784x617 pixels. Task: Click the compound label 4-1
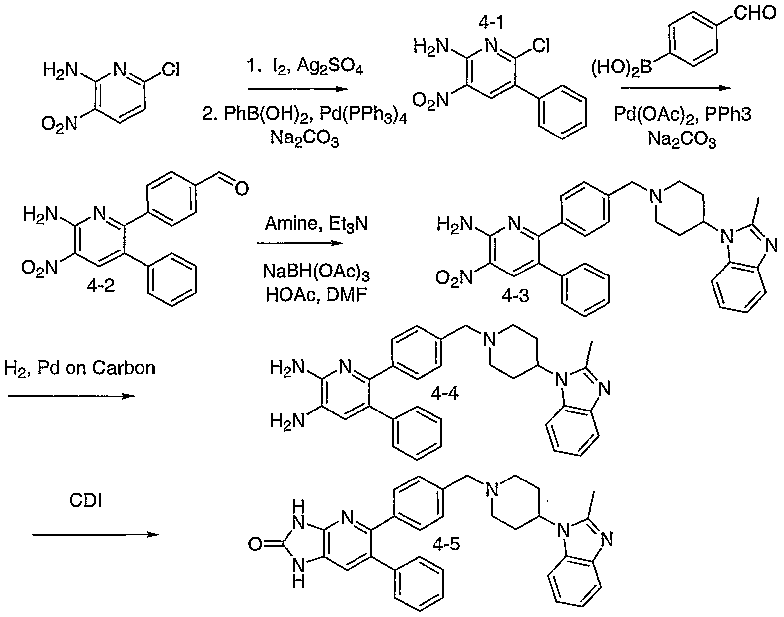point(491,22)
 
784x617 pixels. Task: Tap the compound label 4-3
point(515,296)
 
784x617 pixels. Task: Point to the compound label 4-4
point(444,393)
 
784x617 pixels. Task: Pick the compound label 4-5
point(446,545)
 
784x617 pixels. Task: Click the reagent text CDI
point(85,500)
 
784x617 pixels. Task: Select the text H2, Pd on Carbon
point(80,368)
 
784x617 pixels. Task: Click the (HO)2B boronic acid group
point(622,68)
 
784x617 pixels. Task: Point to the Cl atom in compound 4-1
point(541,46)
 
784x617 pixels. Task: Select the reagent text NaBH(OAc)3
point(316,272)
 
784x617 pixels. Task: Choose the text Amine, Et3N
point(316,224)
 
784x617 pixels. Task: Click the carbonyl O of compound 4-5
point(255,544)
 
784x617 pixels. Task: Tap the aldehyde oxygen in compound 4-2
point(241,189)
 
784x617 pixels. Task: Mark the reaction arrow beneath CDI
point(95,534)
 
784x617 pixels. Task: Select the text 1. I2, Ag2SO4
point(304,67)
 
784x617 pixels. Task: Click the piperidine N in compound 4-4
point(489,340)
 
